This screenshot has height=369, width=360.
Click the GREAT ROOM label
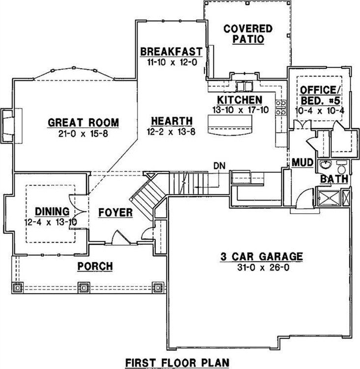pos(83,122)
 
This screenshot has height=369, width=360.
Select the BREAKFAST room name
pos(171,52)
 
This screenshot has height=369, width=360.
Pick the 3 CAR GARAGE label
pos(260,256)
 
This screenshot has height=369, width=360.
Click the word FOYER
pos(115,213)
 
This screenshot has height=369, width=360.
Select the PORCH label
pos(95,266)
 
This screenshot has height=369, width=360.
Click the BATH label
pos(334,179)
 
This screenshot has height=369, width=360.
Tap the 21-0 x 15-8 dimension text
pos(83,133)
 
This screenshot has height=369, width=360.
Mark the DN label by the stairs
pos(219,166)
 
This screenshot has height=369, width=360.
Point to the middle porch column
pos(84,286)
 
